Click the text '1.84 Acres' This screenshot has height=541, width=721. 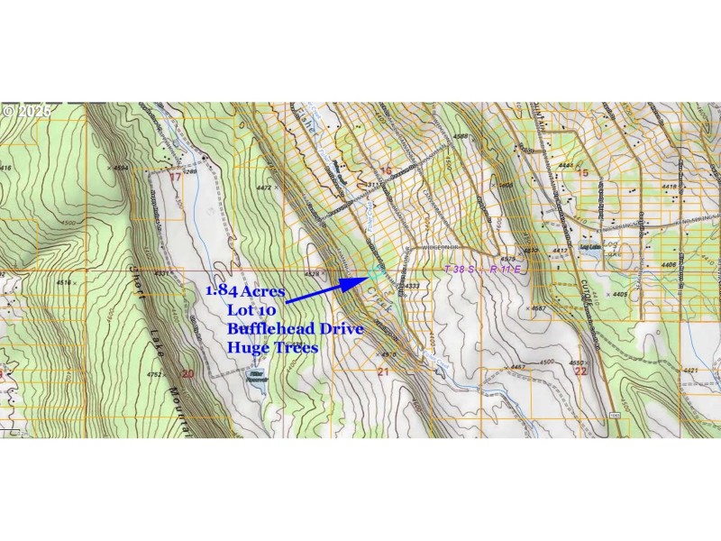pyautogui.click(x=246, y=291)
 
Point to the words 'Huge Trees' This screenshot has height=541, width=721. pyautogui.click(x=272, y=348)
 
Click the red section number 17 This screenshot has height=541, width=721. pyautogui.click(x=175, y=177)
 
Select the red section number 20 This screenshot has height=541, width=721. pyautogui.click(x=187, y=372)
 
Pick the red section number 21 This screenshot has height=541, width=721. pyautogui.click(x=382, y=371)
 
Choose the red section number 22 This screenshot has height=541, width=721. pyautogui.click(x=580, y=371)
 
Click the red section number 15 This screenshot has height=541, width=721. pyautogui.click(x=583, y=172)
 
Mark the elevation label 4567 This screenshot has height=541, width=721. pyautogui.click(x=540, y=308)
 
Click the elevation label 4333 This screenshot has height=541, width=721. pyautogui.click(x=412, y=286)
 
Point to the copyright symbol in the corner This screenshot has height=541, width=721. pyautogui.click(x=9, y=112)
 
